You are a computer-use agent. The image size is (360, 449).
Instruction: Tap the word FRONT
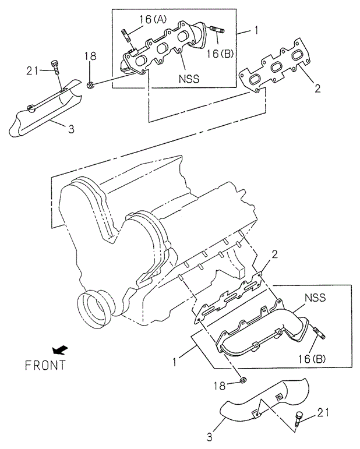click(x=45, y=366)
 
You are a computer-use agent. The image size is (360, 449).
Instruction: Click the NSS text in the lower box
click(x=314, y=298)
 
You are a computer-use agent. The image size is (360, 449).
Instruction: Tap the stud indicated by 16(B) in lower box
click(x=319, y=334)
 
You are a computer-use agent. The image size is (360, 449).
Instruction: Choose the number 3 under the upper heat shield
click(x=71, y=129)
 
